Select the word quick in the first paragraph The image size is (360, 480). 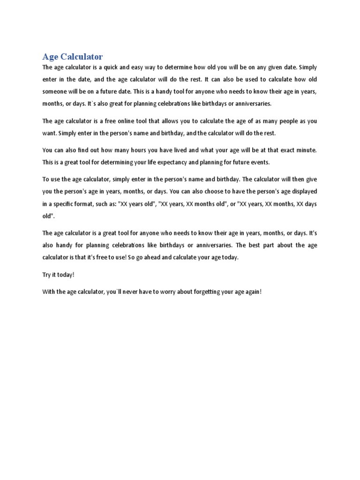122,67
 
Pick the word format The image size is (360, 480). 91,204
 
